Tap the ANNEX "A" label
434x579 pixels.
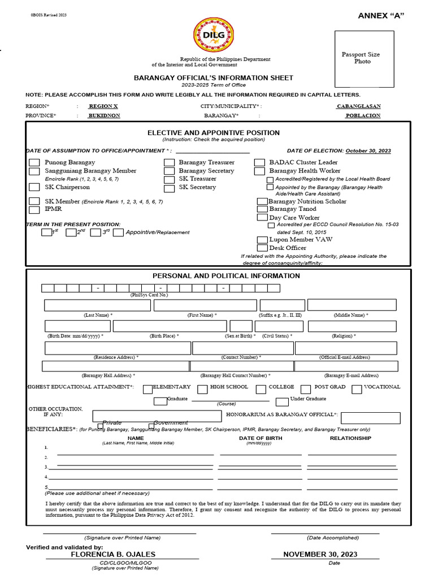(x=381, y=15)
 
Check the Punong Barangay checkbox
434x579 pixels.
(x=34, y=163)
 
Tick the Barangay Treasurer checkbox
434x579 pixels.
(x=169, y=163)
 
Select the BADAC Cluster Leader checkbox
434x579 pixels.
(x=259, y=163)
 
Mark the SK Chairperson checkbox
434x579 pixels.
(x=34, y=188)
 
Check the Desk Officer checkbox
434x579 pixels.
(x=262, y=248)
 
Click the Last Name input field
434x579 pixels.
(x=98, y=305)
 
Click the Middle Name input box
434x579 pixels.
(x=351, y=305)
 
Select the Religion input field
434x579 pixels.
(x=344, y=326)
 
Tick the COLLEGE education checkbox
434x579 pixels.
(x=261, y=389)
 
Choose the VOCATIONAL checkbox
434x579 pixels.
(x=357, y=389)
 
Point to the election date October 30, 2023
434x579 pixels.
(x=368, y=151)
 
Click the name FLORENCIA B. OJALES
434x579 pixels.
(x=113, y=555)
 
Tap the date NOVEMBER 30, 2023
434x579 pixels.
(x=320, y=555)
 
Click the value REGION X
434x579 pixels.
(x=103, y=106)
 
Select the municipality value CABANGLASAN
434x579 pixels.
(x=358, y=106)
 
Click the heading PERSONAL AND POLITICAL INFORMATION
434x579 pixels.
(x=226, y=276)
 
